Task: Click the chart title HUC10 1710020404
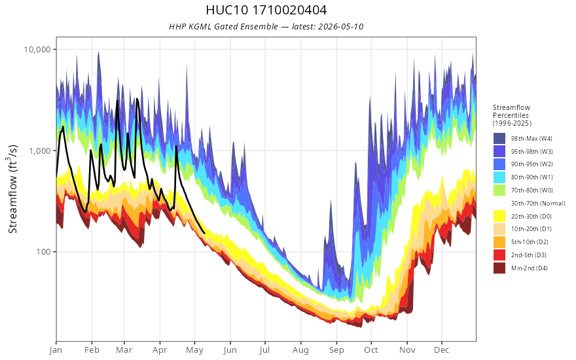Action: click(266, 10)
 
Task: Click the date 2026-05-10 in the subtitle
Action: click(341, 26)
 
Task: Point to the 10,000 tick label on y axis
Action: click(37, 49)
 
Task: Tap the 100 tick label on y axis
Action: click(43, 252)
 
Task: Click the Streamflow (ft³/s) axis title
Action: click(12, 189)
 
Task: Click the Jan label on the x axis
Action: click(56, 350)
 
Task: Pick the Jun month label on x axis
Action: click(230, 350)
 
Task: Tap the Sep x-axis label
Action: click(336, 350)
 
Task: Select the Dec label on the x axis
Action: click(441, 350)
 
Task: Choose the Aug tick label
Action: click(300, 350)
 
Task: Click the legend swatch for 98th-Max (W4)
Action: click(499, 139)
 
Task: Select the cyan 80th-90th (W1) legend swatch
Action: click(499, 177)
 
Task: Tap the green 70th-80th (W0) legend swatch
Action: click(499, 190)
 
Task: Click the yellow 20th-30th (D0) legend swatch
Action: click(499, 216)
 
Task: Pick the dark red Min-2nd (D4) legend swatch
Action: click(499, 268)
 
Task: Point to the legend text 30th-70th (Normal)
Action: click(538, 203)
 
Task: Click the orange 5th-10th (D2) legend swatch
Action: click(499, 242)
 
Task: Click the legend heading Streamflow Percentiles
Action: click(512, 111)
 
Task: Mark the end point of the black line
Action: click(204, 233)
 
